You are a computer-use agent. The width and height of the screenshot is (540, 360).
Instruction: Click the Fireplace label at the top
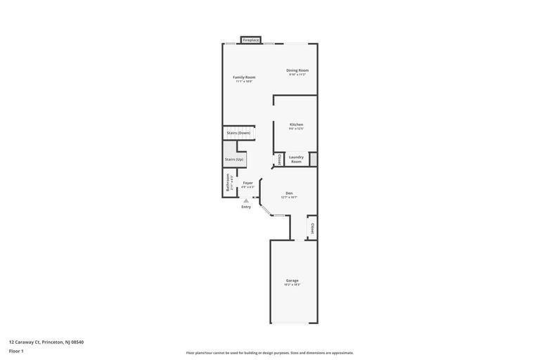251,40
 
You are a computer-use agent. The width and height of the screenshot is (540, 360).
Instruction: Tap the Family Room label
244,77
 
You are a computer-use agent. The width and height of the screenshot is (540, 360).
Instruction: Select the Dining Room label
297,70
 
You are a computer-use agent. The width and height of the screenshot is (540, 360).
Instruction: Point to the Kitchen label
297,124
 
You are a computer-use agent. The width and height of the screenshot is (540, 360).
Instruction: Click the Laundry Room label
296,159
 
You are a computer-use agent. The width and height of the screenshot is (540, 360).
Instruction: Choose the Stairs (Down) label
238,133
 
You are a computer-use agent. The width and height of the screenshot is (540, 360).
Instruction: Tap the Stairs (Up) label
234,160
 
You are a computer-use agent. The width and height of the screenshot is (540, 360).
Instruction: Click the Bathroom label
228,183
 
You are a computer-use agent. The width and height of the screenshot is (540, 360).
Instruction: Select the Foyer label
248,183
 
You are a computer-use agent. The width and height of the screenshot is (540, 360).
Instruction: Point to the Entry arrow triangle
246,200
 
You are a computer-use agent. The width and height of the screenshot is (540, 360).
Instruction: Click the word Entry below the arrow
246,207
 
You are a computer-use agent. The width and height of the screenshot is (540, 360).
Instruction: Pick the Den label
289,193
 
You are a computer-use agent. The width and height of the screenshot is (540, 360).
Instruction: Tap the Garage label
292,281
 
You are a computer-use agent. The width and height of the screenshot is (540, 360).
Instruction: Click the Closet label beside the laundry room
279,160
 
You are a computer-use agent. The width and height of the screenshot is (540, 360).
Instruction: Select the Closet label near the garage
312,229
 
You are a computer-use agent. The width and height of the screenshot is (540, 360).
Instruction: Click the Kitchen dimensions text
296,129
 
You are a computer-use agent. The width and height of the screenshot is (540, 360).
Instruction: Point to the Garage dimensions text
292,285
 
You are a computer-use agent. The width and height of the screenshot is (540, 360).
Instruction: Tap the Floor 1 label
16,351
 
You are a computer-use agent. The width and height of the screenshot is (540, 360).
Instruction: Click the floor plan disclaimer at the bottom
270,353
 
